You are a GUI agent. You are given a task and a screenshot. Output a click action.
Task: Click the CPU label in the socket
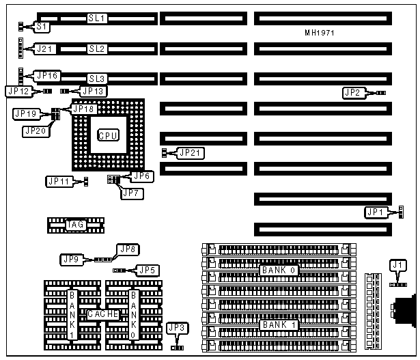point(108,135)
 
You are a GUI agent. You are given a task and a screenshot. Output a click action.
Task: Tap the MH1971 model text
point(319,33)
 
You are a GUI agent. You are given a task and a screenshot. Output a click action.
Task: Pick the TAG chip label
point(74,224)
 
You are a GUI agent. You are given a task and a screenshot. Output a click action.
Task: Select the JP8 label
point(128,249)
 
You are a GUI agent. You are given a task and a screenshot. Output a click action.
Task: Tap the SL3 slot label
point(96,79)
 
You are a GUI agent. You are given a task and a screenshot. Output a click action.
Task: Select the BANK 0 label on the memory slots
point(278,270)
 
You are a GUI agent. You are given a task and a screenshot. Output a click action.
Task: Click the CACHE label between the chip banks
point(103,314)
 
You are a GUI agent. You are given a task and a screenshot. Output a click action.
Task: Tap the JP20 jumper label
point(36,130)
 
